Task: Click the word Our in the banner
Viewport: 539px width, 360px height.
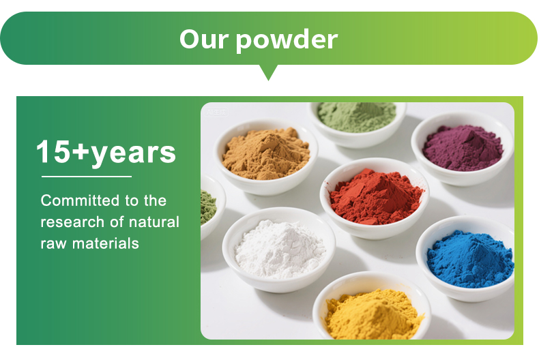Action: coord(203,39)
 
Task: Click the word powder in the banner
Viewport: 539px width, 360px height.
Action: coord(286,40)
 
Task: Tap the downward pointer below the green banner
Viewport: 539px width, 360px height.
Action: coord(269,72)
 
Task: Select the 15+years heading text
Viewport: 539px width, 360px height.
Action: coord(106,152)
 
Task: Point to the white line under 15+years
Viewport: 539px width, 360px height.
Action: coord(86,177)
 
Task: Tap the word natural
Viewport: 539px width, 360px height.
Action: coord(154,222)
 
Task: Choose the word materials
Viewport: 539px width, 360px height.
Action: coord(108,243)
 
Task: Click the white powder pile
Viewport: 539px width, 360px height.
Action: coord(280,248)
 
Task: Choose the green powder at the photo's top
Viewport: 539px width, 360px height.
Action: coord(356,114)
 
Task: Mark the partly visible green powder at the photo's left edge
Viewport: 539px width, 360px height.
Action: coord(207,204)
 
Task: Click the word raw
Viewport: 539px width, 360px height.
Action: coord(54,243)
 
